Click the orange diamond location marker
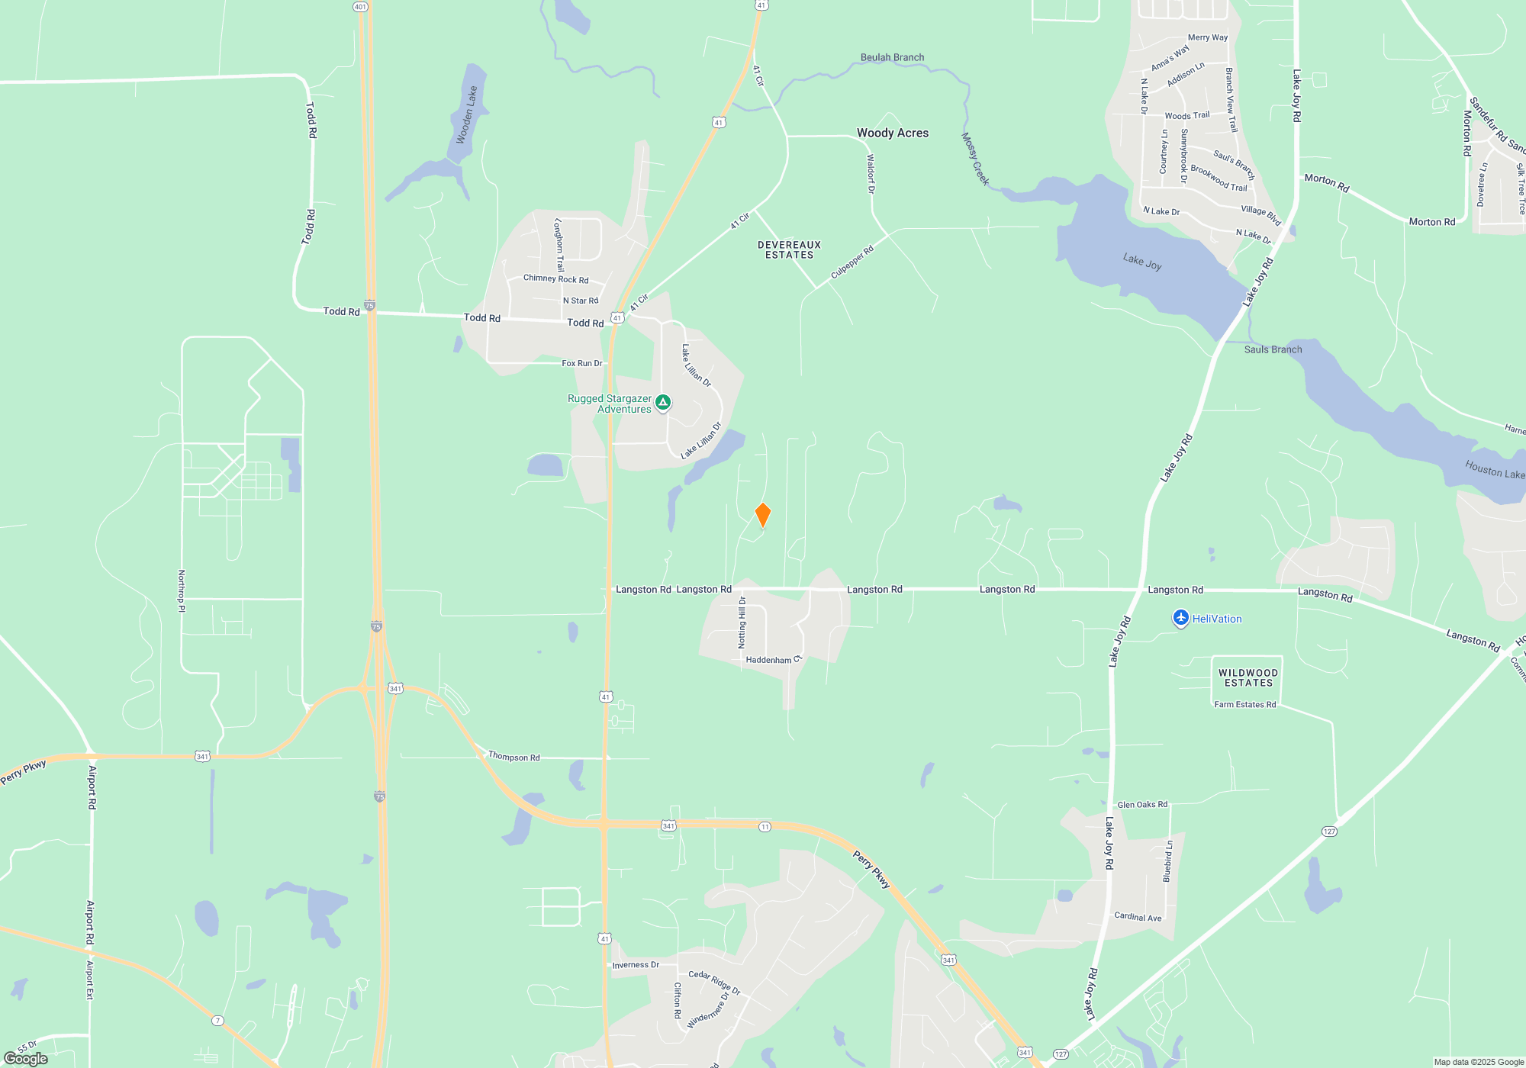762,515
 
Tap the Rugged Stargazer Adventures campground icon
663,403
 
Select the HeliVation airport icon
1180,618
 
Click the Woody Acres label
892,133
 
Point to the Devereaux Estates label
789,250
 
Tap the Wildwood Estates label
1248,678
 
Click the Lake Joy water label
1141,262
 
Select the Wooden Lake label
466,114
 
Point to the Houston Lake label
1494,469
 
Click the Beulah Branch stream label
892,57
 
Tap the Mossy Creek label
974,159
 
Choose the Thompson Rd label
513,757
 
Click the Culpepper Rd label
852,262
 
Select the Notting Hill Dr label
742,622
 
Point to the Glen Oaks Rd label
1141,804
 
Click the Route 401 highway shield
360,6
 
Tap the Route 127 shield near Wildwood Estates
1329,832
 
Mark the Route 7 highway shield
218,1021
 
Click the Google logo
26,1059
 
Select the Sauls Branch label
1273,349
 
